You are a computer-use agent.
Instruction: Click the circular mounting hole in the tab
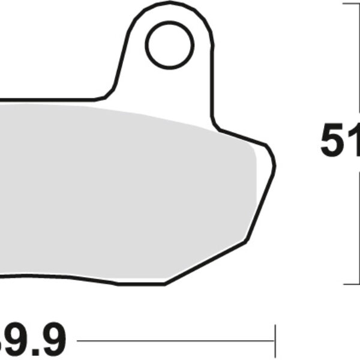coord(170,45)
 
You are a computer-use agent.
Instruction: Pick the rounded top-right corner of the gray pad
coord(253,150)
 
